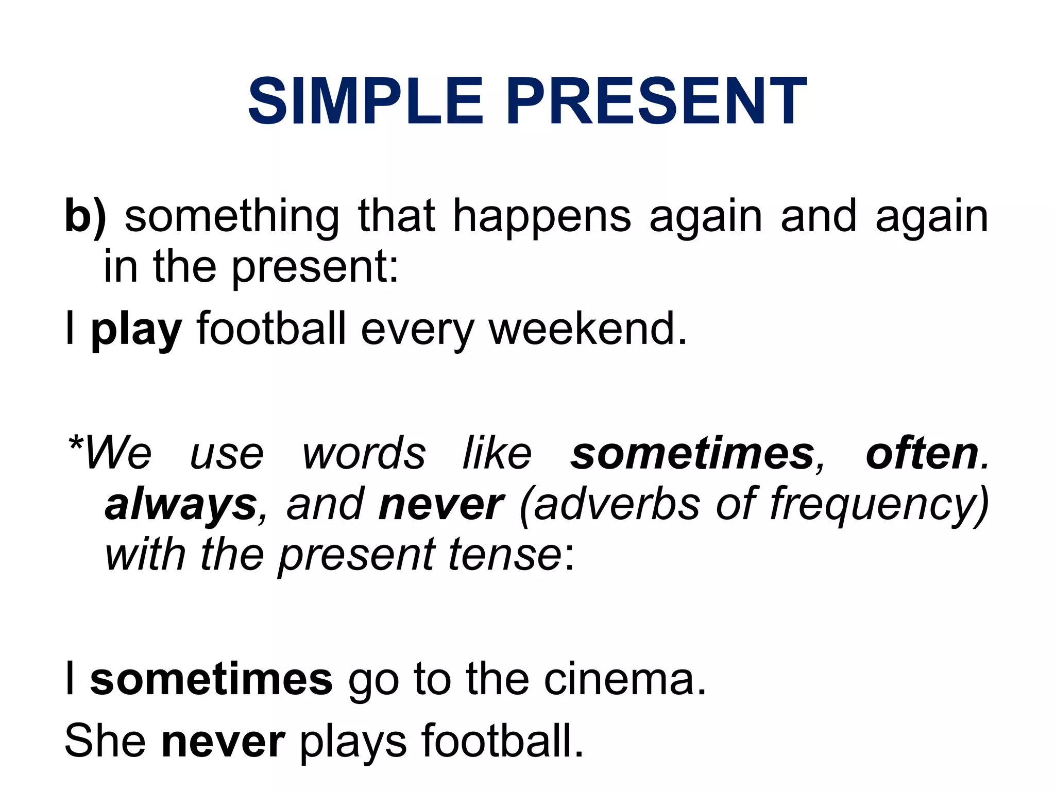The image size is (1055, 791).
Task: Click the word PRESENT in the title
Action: [x=656, y=101]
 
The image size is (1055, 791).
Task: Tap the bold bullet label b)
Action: [x=86, y=216]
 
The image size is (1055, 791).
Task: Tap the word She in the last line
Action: [x=105, y=741]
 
